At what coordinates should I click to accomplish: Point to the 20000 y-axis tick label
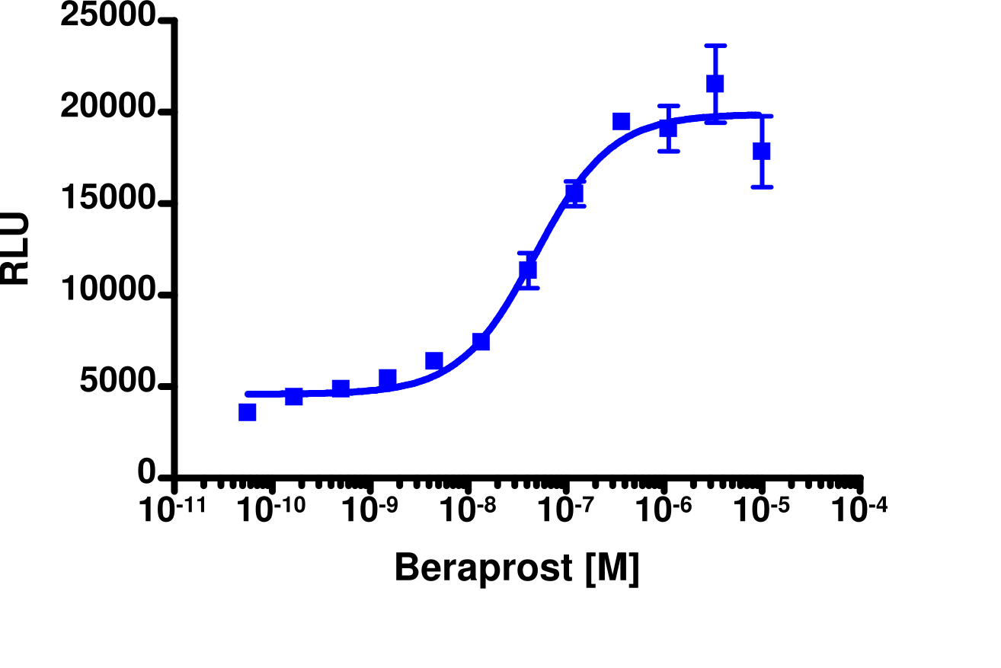pyautogui.click(x=108, y=110)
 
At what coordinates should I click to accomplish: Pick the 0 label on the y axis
pyautogui.click(x=146, y=474)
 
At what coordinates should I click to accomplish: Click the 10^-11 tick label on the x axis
pyautogui.click(x=172, y=510)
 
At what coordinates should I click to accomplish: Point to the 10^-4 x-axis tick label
pyautogui.click(x=860, y=510)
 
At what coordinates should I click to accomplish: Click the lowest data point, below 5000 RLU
pyautogui.click(x=247, y=412)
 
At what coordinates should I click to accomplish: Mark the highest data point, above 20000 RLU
pyautogui.click(x=715, y=83)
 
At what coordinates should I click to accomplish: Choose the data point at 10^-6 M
pyautogui.click(x=668, y=128)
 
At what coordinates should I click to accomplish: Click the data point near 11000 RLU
pyautogui.click(x=528, y=270)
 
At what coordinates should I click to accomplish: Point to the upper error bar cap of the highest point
pyautogui.click(x=715, y=46)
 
